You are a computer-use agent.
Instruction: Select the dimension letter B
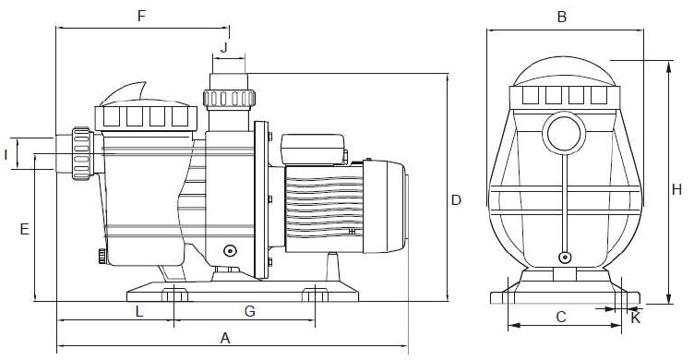561,16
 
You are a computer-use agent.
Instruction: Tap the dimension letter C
560,317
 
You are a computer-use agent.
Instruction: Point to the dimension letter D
455,199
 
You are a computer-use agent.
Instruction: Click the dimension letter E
24,228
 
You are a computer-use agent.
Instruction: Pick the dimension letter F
141,16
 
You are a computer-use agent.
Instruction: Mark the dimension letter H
676,189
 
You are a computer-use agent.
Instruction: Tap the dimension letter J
224,45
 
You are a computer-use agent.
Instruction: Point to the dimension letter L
139,311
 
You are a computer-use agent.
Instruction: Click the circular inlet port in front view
562,133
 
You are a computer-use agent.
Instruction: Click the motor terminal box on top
312,149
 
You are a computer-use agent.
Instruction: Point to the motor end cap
397,208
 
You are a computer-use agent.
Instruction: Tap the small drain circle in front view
564,259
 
